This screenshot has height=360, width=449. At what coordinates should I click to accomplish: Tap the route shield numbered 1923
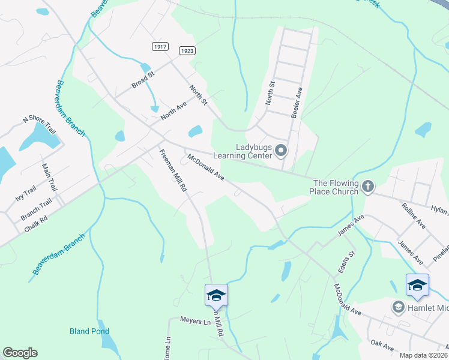tap(187, 51)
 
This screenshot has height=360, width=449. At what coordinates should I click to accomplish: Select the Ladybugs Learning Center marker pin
tap(280, 150)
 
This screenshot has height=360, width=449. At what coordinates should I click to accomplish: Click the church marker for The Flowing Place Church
tap(368, 187)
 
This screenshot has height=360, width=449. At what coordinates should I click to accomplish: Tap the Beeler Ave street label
tap(296, 101)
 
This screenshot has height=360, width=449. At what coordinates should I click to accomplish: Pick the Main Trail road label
tap(49, 177)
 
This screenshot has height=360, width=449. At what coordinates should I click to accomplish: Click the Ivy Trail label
tap(26, 194)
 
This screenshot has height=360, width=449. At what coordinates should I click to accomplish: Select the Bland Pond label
tap(89, 331)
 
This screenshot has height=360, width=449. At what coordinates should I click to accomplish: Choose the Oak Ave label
tap(382, 346)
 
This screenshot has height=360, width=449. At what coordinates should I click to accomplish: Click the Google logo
tap(20, 353)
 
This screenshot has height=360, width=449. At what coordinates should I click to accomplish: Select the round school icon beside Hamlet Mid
tap(398, 307)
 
